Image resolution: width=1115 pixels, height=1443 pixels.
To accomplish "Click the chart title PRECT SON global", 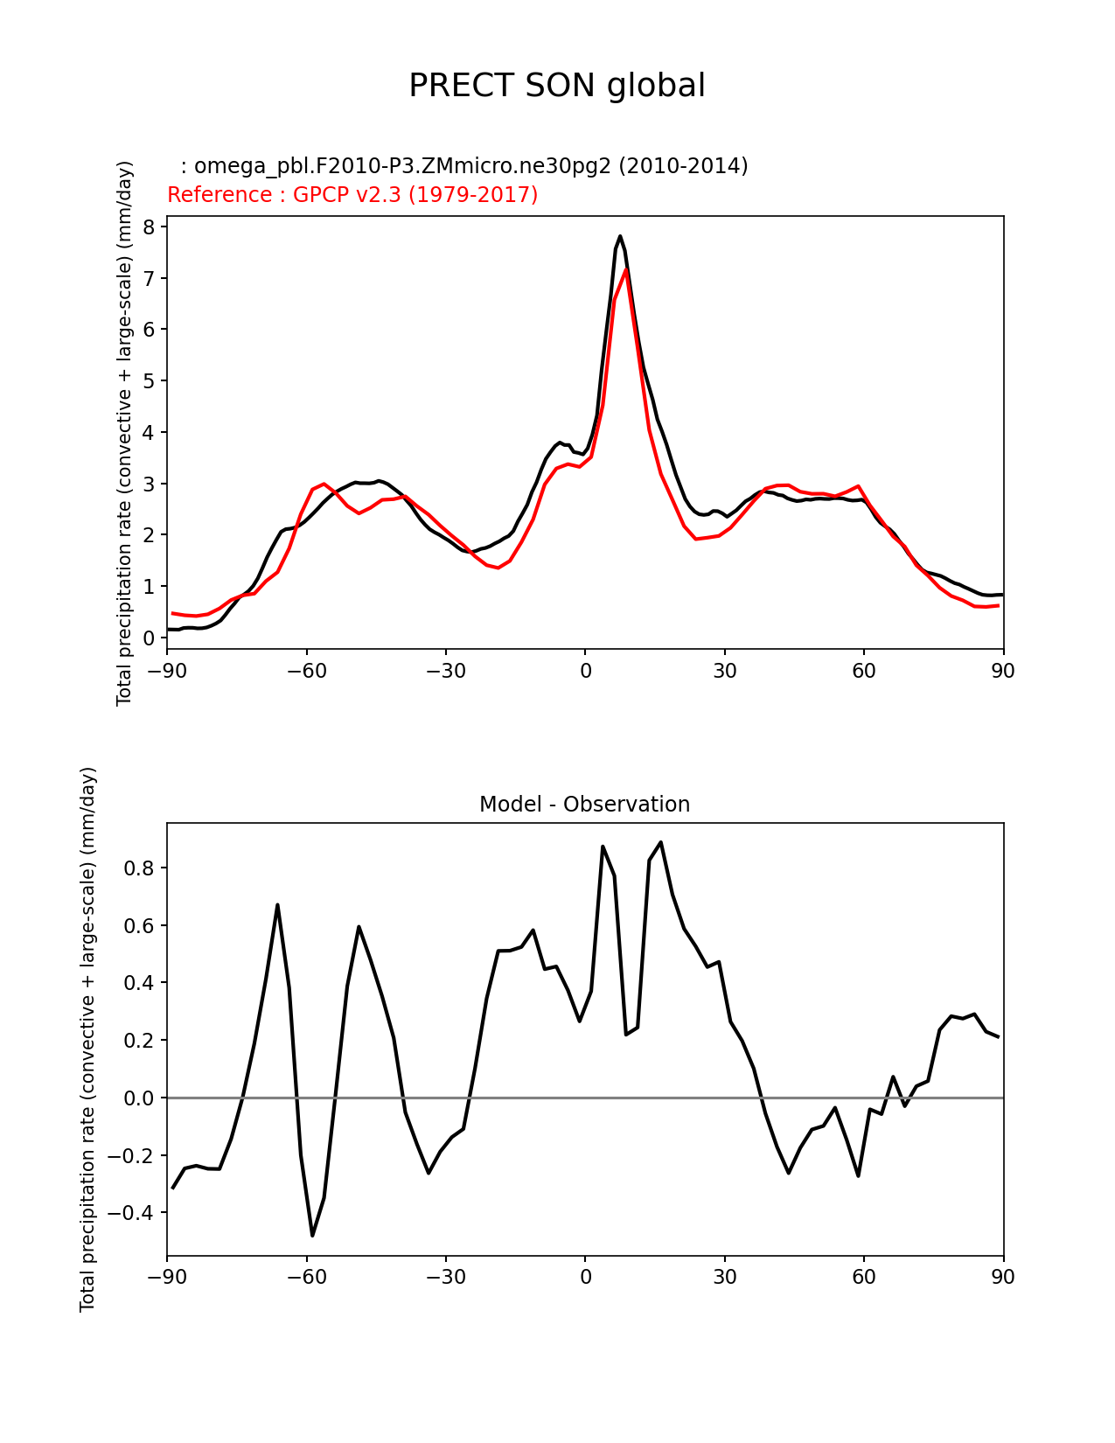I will pyautogui.click(x=557, y=86).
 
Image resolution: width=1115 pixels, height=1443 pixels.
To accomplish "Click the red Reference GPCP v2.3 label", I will pyautogui.click(x=352, y=195).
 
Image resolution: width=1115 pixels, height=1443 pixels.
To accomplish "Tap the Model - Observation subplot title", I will pyautogui.click(x=584, y=805).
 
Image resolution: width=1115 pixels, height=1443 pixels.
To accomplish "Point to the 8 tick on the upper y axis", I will pyautogui.click(x=149, y=227).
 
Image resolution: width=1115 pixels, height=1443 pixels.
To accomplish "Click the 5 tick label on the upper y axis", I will pyautogui.click(x=149, y=381).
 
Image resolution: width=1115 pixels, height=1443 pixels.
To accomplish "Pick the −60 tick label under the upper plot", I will pyautogui.click(x=306, y=671).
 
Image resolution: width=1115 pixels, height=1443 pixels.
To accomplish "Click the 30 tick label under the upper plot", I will pyautogui.click(x=724, y=671).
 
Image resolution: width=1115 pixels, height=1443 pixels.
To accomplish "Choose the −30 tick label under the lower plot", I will pyautogui.click(x=445, y=1278).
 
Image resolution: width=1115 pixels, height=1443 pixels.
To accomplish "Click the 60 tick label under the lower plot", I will pyautogui.click(x=864, y=1278).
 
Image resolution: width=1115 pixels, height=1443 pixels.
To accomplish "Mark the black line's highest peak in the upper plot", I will pyautogui.click(x=620, y=236).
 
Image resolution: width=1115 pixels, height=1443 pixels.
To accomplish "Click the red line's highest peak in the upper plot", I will pyautogui.click(x=625, y=270).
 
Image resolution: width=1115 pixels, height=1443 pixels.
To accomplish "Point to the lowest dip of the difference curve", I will pyautogui.click(x=312, y=1235).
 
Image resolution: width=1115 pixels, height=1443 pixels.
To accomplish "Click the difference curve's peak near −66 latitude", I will pyautogui.click(x=277, y=905).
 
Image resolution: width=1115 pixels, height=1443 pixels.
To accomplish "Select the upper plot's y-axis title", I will pyautogui.click(x=124, y=433).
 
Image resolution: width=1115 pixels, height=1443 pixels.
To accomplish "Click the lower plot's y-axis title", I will pyautogui.click(x=87, y=1039).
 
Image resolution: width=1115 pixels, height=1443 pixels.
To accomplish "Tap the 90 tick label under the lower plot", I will pyautogui.click(x=1003, y=1278).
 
